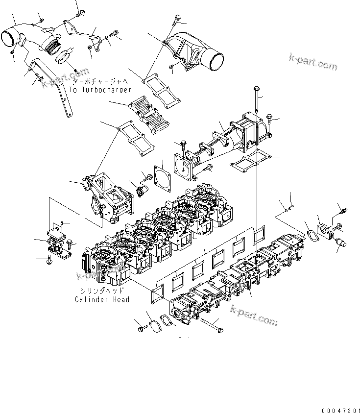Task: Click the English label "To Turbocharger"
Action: coord(99,90)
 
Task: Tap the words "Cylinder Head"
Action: coord(102,299)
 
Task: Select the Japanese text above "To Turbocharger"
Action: coord(99,82)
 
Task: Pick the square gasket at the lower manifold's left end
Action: coord(158,293)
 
